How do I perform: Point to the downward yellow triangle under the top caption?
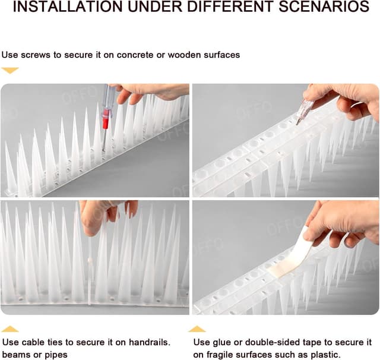point(10,70)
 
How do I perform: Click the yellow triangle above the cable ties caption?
point(10,329)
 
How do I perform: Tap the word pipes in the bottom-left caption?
point(55,355)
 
